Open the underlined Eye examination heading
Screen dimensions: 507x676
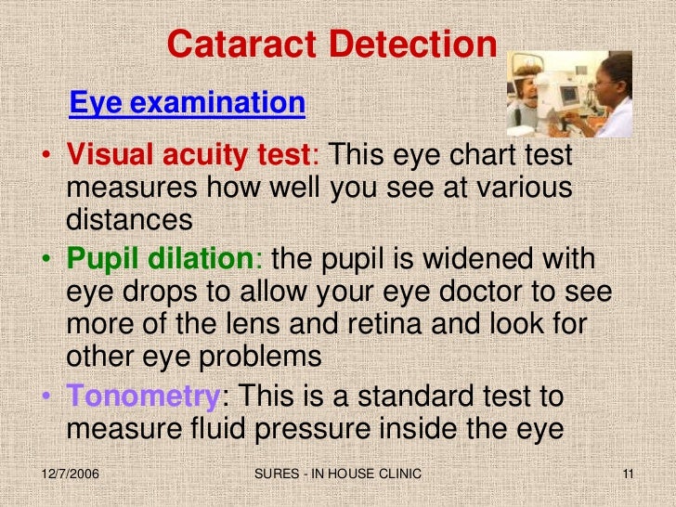[187, 102]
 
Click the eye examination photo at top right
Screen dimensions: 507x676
[568, 94]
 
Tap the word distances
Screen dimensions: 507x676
[129, 222]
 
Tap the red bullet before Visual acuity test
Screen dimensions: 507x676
[45, 156]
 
